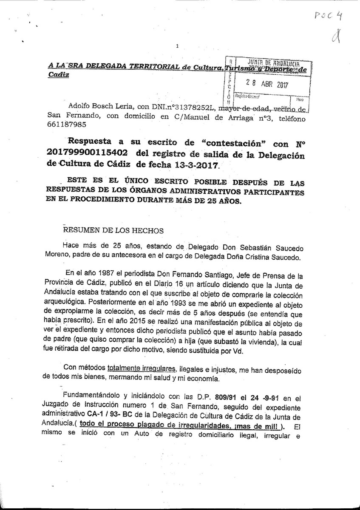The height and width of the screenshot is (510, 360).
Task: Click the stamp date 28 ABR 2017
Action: (x=267, y=84)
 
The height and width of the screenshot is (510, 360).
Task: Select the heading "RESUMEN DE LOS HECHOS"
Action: (x=108, y=230)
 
